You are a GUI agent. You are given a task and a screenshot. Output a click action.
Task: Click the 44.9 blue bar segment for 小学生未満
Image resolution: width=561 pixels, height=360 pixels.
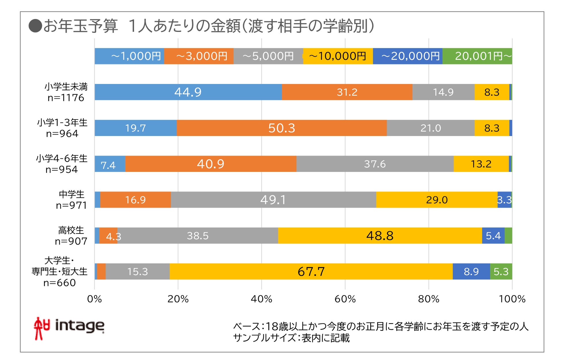(188, 92)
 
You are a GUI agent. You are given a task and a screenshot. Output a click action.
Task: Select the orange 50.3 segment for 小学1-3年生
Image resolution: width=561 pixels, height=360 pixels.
(282, 128)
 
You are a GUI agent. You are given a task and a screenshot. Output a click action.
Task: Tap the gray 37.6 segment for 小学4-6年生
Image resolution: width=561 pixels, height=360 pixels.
(375, 164)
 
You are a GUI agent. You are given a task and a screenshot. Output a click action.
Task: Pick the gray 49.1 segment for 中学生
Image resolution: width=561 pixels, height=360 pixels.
(273, 200)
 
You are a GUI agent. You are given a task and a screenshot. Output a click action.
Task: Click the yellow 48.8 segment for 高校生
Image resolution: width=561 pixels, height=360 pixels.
(380, 236)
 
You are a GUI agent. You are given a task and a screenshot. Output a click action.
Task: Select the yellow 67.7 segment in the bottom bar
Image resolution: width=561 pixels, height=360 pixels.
(311, 271)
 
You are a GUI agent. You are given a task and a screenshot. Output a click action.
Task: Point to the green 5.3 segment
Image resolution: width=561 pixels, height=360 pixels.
(501, 271)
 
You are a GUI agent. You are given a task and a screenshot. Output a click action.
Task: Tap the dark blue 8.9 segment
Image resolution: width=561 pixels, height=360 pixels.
(471, 271)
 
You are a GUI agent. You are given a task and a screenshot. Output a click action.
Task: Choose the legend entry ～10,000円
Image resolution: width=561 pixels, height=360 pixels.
(338, 56)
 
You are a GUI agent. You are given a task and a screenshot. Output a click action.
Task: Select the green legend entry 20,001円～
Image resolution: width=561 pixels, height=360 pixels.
(478, 56)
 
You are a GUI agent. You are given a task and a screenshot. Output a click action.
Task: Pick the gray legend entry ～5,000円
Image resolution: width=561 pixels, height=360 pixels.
(268, 56)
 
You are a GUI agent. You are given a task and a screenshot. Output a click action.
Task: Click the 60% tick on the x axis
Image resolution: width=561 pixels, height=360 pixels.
(345, 299)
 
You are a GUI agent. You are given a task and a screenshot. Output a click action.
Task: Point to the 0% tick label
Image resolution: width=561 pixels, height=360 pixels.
(94, 299)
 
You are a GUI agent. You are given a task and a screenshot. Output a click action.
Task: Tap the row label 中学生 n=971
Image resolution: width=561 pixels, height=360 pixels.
(71, 200)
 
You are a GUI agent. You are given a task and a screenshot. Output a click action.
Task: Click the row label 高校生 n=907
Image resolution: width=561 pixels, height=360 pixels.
(71, 236)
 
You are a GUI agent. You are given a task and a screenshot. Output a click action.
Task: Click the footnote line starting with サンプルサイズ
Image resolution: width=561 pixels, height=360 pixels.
(291, 338)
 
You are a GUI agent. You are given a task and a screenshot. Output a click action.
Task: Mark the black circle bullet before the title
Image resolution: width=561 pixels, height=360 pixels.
(35, 26)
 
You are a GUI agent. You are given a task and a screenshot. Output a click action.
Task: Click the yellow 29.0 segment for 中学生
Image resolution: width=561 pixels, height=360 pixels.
(437, 200)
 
